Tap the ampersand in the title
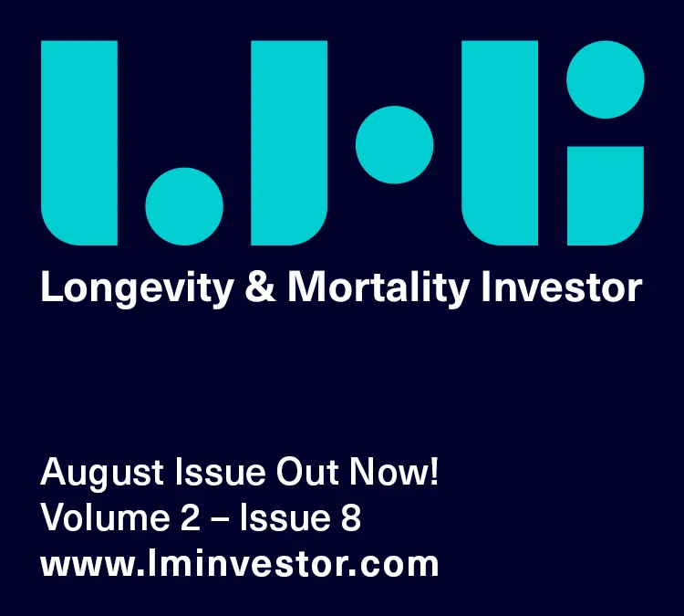[261, 286]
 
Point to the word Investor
[562, 287]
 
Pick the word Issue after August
[221, 472]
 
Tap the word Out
[307, 472]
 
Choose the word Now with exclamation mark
[394, 472]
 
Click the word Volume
[105, 517]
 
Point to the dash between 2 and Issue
[220, 519]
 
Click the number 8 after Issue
[351, 517]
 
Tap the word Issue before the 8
[285, 517]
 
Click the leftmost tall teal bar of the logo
[79, 142]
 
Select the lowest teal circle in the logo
[184, 206]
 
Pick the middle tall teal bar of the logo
[289, 142]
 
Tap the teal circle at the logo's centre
[394, 144]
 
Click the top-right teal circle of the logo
[606, 79]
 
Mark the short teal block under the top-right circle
[606, 195]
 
